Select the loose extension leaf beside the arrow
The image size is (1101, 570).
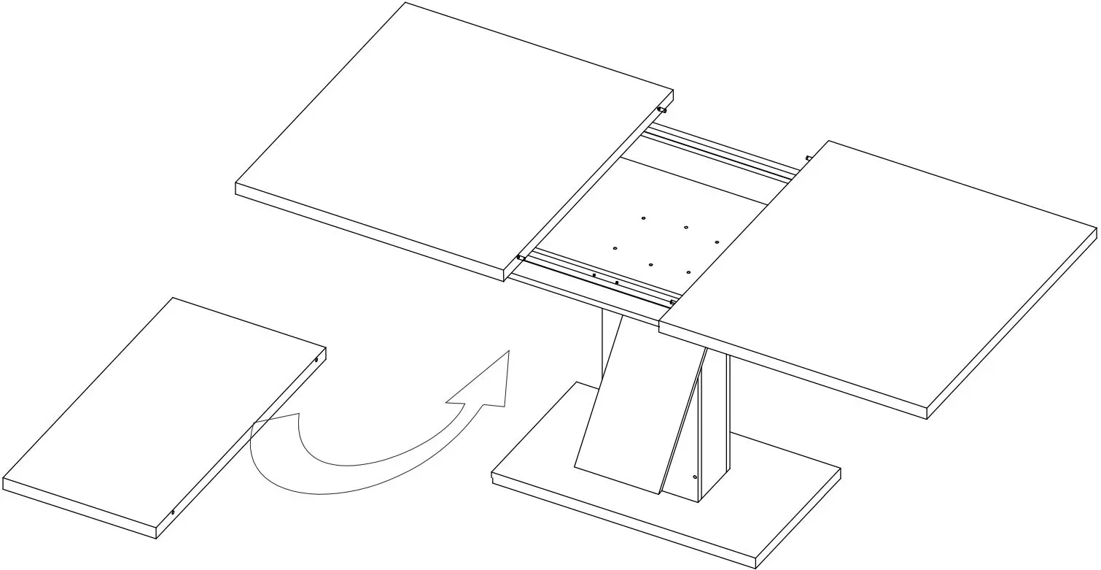(x=160, y=416)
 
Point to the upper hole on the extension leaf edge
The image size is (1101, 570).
(x=316, y=359)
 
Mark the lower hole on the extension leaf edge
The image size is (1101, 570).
(x=173, y=512)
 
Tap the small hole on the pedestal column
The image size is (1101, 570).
(x=695, y=477)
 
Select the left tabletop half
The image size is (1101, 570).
(x=452, y=139)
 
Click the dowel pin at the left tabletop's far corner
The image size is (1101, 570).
(x=662, y=110)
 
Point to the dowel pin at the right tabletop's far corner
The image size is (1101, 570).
(x=809, y=157)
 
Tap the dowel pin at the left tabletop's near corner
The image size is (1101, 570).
(x=521, y=258)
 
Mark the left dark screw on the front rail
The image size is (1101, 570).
(x=594, y=276)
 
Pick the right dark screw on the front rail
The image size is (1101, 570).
(x=617, y=282)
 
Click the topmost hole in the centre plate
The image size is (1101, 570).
(x=643, y=217)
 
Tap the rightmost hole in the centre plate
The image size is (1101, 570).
(x=717, y=242)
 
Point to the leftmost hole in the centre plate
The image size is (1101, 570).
(x=615, y=249)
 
